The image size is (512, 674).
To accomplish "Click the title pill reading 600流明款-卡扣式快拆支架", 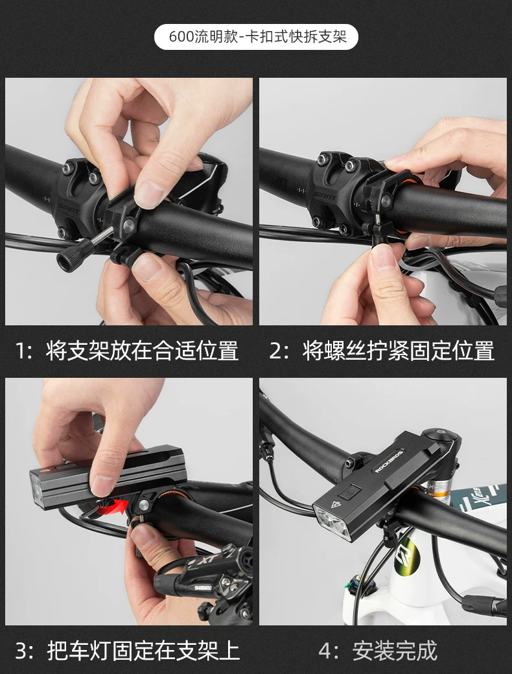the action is tap(256, 37).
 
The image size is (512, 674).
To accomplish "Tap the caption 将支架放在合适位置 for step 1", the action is tap(142, 351).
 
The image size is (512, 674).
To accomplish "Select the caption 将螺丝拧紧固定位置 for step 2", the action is tap(399, 351).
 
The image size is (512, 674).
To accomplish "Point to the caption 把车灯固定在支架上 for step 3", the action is tap(143, 651).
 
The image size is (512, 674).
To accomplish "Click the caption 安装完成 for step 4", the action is tap(395, 651).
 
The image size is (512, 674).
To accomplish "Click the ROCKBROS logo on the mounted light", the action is tap(389, 461).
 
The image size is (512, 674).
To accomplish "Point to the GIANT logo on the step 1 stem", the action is tap(68, 208).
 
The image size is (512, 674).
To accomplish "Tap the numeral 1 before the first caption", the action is tap(20, 351).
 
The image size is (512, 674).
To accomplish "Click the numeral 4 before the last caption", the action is tap(325, 651).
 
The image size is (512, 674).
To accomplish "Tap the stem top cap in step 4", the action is tap(439, 434).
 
